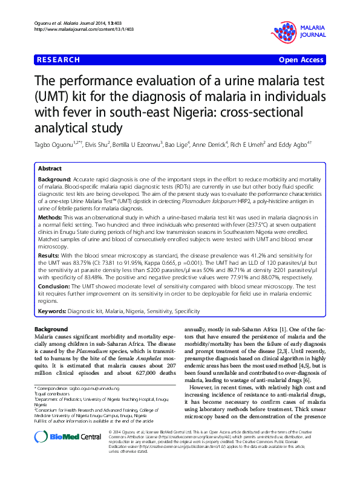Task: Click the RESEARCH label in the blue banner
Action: pyautogui.click(x=58, y=60)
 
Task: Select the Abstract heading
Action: pyautogui.click(x=51, y=169)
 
